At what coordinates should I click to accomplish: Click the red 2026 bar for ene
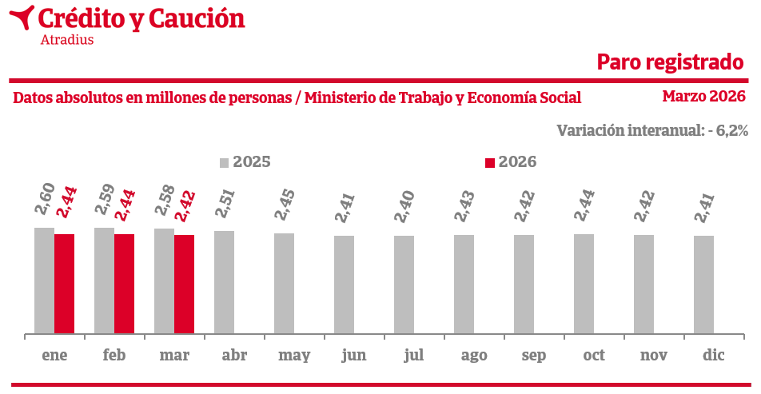64,284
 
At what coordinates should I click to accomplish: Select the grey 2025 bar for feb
104,281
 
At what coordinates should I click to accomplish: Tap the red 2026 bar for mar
184,284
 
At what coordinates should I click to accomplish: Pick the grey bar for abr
224,282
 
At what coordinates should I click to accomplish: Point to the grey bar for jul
404,285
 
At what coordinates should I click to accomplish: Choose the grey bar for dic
703,285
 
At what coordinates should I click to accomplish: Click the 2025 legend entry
245,162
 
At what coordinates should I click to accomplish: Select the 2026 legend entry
511,162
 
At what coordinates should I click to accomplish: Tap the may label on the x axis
294,356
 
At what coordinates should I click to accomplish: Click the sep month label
533,356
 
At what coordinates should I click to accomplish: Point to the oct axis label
594,356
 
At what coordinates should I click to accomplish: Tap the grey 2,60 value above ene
46,197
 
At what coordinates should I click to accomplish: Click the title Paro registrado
670,62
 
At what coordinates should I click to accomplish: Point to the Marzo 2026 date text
703,96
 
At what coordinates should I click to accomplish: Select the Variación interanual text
652,130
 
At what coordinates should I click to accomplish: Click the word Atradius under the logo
66,39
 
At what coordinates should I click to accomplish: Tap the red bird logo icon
25,16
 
